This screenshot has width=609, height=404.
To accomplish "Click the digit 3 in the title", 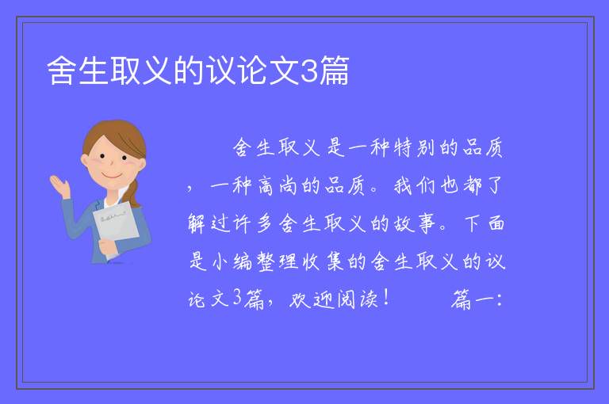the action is coord(309,71).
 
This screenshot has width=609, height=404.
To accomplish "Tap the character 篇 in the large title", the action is coord(334,71).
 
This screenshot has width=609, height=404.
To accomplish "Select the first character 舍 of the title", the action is coord(62,71).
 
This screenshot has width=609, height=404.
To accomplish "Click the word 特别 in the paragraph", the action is coord(414,148).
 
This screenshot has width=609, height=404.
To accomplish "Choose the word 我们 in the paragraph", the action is coord(415,185).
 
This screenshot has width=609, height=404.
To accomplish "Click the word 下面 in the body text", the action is coord(485,223).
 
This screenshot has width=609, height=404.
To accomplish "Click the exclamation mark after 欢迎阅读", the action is coord(385,298).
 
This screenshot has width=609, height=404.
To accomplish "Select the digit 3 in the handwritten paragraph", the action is coord(238,299).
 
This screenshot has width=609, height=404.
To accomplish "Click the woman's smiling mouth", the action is coord(111,176).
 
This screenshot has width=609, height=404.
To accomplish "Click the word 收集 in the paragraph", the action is coord(324,261).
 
